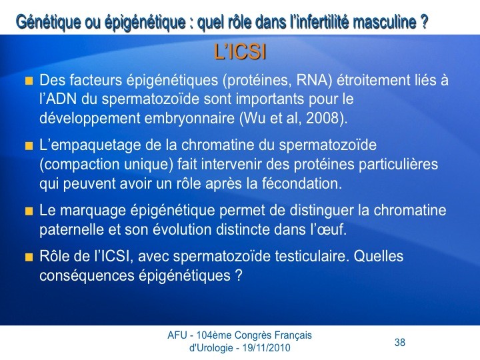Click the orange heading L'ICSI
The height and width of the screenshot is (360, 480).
tap(240, 52)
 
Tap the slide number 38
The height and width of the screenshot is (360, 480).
tap(400, 342)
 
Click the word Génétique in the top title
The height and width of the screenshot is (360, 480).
tap(49, 22)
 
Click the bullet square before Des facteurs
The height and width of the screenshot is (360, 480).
tap(29, 81)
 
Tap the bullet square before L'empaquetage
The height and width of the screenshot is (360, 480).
tap(29, 146)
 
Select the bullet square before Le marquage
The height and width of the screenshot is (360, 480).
tap(29, 211)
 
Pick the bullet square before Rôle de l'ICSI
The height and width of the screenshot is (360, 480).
tap(29, 257)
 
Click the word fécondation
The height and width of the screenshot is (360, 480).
tap(301, 183)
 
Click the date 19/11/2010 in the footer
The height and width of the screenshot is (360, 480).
tap(266, 348)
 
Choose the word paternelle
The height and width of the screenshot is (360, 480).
tap(71, 229)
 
